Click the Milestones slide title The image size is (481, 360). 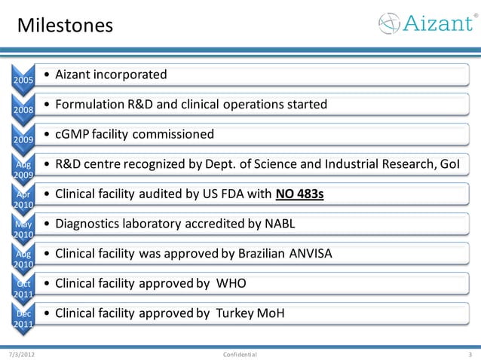point(65,26)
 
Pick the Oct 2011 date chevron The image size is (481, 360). point(23,288)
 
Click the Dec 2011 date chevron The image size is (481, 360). point(23,318)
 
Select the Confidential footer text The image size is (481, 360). point(240,353)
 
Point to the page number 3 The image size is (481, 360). point(470,353)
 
